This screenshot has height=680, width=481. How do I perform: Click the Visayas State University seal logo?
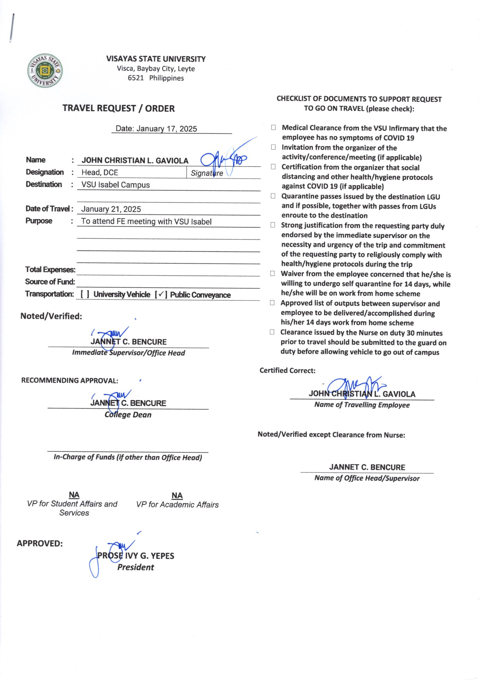click(x=45, y=71)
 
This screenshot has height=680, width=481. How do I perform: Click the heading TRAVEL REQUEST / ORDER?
click(x=118, y=108)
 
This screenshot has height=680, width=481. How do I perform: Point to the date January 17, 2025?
click(x=166, y=129)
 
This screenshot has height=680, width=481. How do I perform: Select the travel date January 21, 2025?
click(x=111, y=209)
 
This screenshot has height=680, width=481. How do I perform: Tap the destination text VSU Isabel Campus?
click(x=115, y=185)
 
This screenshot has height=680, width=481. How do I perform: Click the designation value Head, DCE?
click(x=100, y=172)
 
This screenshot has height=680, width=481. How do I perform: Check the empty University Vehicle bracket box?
click(x=85, y=294)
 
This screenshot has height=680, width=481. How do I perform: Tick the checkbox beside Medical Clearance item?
click(x=273, y=128)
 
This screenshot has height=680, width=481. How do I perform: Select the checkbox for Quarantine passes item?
click(x=273, y=196)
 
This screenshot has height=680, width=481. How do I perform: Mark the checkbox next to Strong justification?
click(x=272, y=225)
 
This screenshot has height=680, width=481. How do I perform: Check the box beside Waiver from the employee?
click(x=272, y=274)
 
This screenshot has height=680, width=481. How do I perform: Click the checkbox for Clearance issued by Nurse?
click(x=272, y=332)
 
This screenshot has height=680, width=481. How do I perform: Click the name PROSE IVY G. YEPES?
click(x=136, y=556)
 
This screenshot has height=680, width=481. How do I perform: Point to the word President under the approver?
click(x=136, y=567)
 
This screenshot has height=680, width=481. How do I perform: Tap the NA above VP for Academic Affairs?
click(x=177, y=496)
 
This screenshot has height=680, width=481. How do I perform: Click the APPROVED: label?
click(x=40, y=544)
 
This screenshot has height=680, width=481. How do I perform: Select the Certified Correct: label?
click(x=287, y=371)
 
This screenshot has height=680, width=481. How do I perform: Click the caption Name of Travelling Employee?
click(x=362, y=405)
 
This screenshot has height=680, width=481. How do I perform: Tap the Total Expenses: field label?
click(x=50, y=270)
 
